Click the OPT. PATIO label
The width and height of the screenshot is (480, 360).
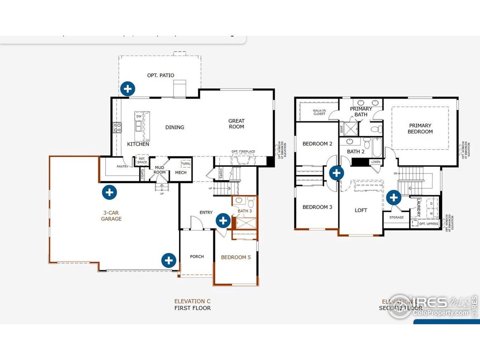coord(160,75)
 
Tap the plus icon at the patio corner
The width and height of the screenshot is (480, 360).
coord(128,89)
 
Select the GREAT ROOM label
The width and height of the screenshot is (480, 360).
coord(236,124)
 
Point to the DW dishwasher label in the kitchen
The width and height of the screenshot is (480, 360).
coord(139,116)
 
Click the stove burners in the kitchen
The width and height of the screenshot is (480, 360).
coord(117,127)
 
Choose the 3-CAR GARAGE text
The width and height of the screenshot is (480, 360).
coord(111,216)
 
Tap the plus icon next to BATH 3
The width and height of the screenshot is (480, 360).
coord(223,220)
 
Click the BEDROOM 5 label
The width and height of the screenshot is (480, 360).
coord(235,257)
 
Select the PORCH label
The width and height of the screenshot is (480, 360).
coord(197,256)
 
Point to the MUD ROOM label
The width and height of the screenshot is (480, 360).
coord(159,170)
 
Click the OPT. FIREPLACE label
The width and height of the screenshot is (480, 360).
coord(243,151)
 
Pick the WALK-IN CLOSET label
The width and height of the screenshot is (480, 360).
coord(319,112)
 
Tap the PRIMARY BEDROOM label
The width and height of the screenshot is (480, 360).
coord(420,129)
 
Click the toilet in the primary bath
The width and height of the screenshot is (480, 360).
coord(376,129)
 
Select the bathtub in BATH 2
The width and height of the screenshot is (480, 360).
coord(377,148)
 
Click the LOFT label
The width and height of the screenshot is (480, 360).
coord(361,210)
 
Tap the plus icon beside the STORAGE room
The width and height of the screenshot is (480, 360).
coord(394,197)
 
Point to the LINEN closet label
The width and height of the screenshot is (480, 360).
coord(376,162)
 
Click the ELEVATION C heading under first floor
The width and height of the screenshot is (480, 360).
coord(192,301)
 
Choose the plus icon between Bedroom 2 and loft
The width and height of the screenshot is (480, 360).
coord(336,173)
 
